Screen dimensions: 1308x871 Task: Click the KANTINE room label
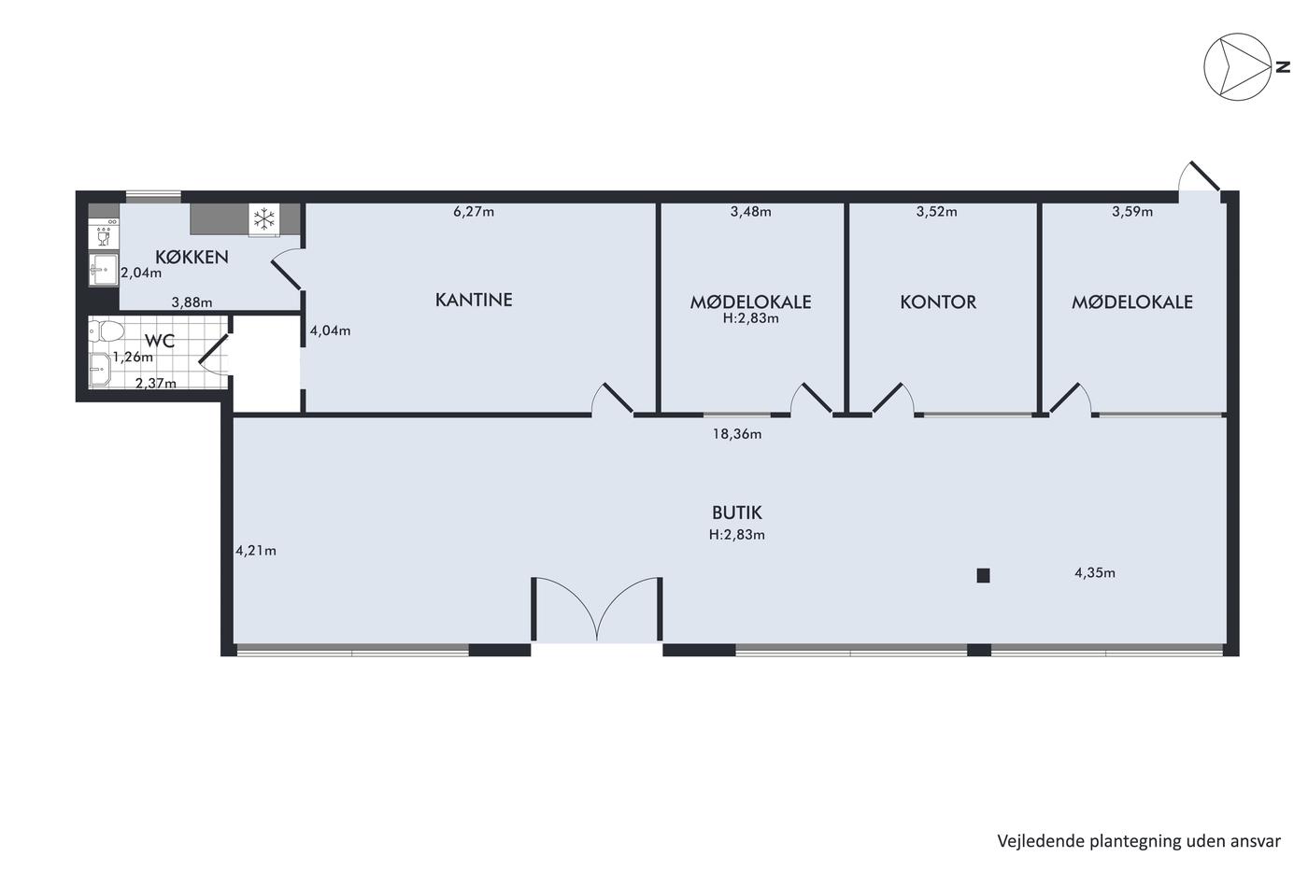[x=474, y=300]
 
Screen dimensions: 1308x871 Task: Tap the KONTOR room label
[x=938, y=302]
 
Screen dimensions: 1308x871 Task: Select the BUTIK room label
[x=737, y=513]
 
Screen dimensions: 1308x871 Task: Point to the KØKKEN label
[x=192, y=257]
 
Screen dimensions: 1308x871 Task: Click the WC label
[x=160, y=341]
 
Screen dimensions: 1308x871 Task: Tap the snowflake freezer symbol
[x=263, y=219]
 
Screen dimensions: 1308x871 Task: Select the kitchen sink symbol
[x=104, y=270]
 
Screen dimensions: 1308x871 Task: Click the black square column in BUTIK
[x=983, y=576]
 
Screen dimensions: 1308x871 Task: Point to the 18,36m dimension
[x=737, y=434]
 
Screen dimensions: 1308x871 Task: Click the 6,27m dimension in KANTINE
[x=474, y=211]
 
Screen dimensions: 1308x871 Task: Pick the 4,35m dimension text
[x=1095, y=573]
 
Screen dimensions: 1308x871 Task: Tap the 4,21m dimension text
[x=256, y=550]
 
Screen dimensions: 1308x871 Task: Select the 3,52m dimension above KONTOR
[x=936, y=211]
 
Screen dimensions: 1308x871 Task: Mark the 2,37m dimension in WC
[x=156, y=384]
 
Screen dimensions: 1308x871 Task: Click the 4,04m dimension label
[x=330, y=330]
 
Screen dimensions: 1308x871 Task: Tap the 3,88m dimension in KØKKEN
[x=192, y=302]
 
